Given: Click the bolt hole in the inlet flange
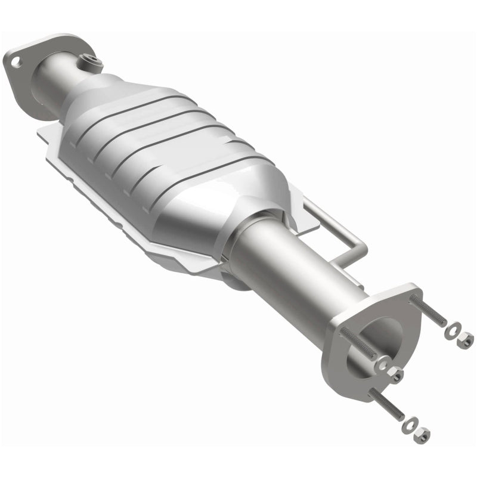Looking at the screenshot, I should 15,61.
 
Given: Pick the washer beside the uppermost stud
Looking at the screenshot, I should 454,329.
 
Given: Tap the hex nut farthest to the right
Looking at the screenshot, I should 465,340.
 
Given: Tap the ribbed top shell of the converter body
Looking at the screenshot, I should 167,131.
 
